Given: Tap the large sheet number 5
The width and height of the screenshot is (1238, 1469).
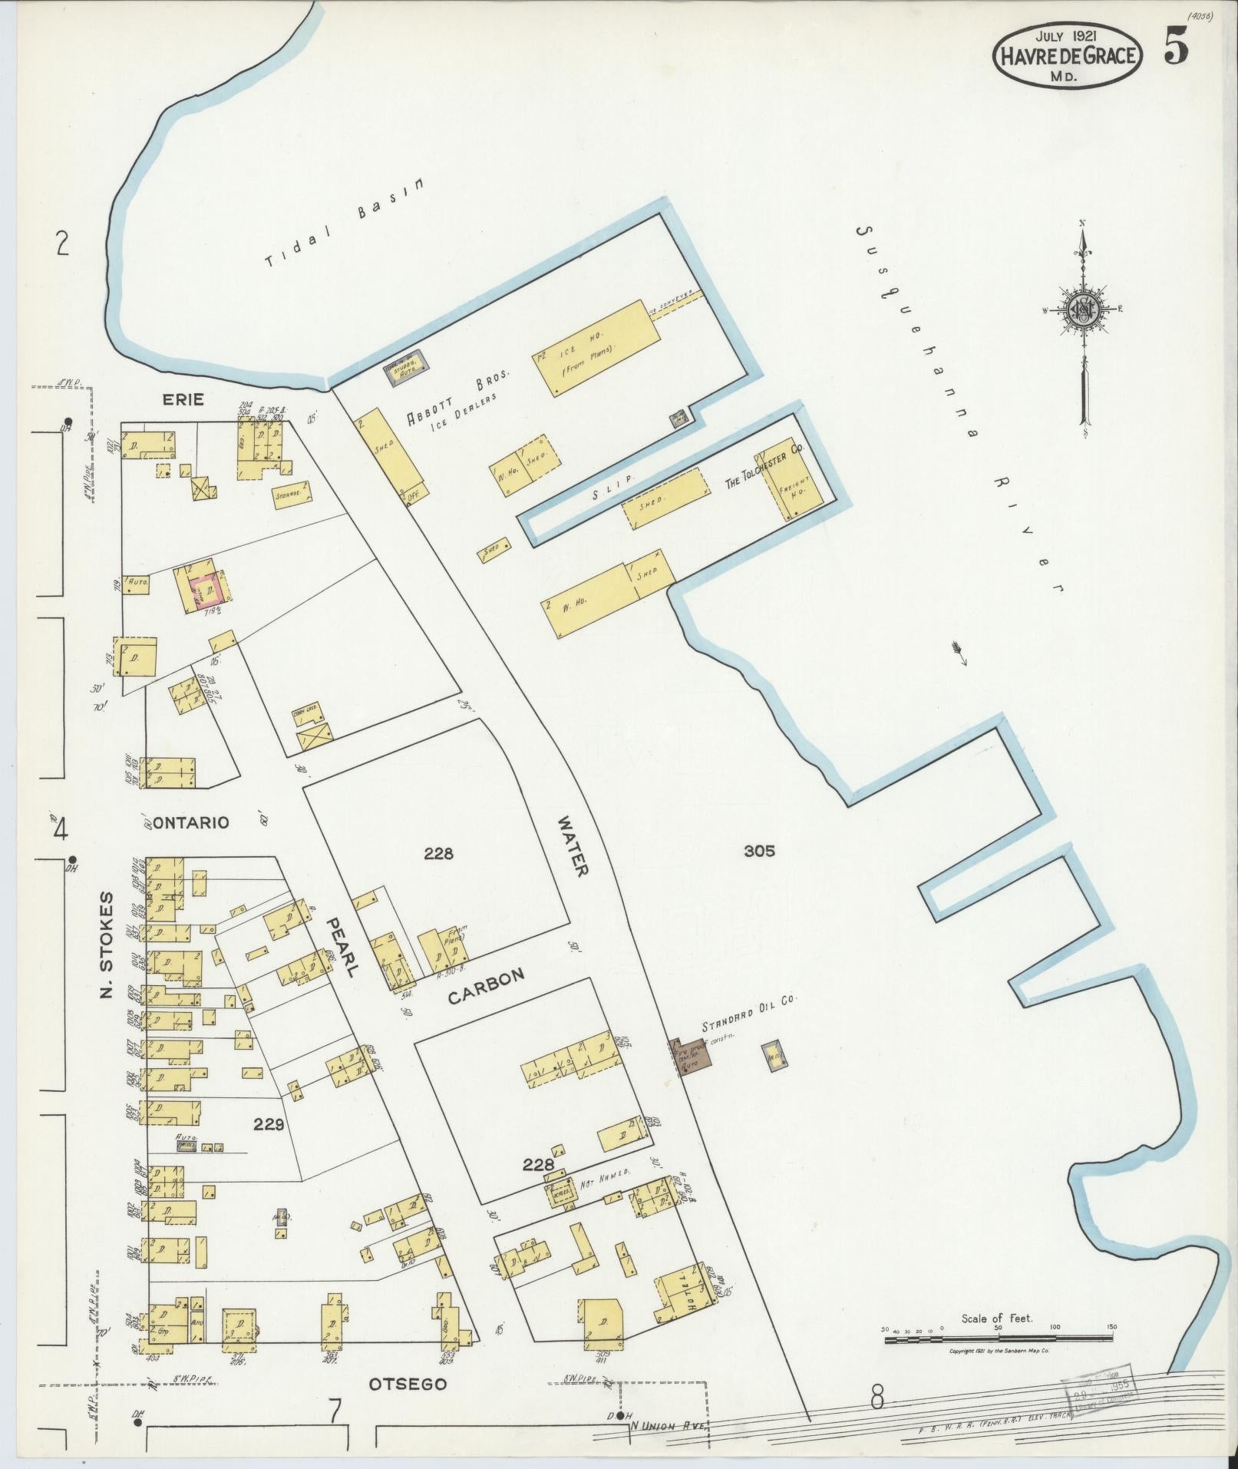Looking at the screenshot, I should [x=1176, y=48].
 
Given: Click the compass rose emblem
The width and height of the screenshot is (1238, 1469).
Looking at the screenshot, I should [x=1083, y=310].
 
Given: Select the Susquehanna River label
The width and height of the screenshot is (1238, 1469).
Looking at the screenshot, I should [x=959, y=407].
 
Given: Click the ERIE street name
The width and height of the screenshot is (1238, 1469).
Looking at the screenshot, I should [x=182, y=399].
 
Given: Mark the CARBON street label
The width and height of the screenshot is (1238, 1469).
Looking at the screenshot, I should [x=486, y=987].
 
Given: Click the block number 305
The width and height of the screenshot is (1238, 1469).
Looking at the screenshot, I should [x=758, y=850].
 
